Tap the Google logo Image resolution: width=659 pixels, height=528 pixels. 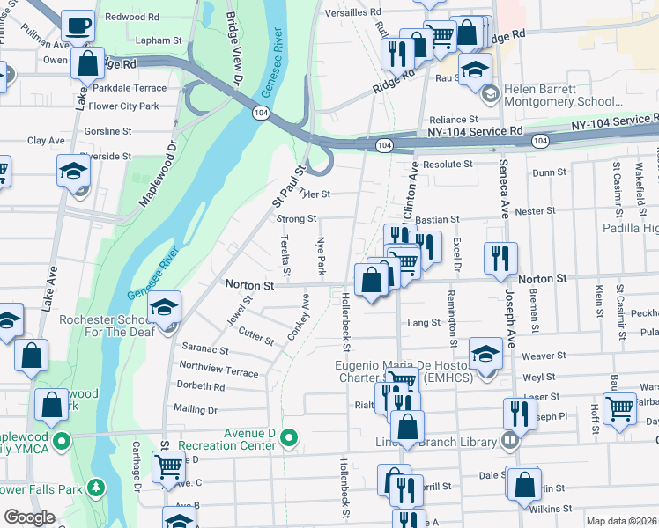coord(29,517)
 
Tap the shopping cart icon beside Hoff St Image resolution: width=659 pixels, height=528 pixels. coord(620,407)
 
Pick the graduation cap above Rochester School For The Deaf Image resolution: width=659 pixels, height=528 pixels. coord(164,307)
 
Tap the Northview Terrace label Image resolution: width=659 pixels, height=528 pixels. coord(218,367)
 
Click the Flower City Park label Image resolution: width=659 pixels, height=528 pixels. coord(123,106)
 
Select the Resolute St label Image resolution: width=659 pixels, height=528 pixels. coord(448,164)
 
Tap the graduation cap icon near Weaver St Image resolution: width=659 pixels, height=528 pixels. coord(485,353)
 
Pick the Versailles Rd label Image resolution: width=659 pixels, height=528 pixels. coord(352,12)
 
